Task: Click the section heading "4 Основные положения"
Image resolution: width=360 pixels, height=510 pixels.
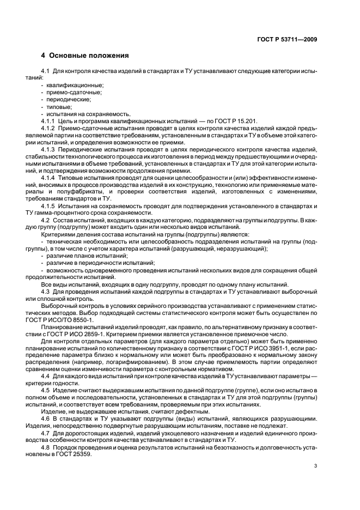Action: click(85, 56)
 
